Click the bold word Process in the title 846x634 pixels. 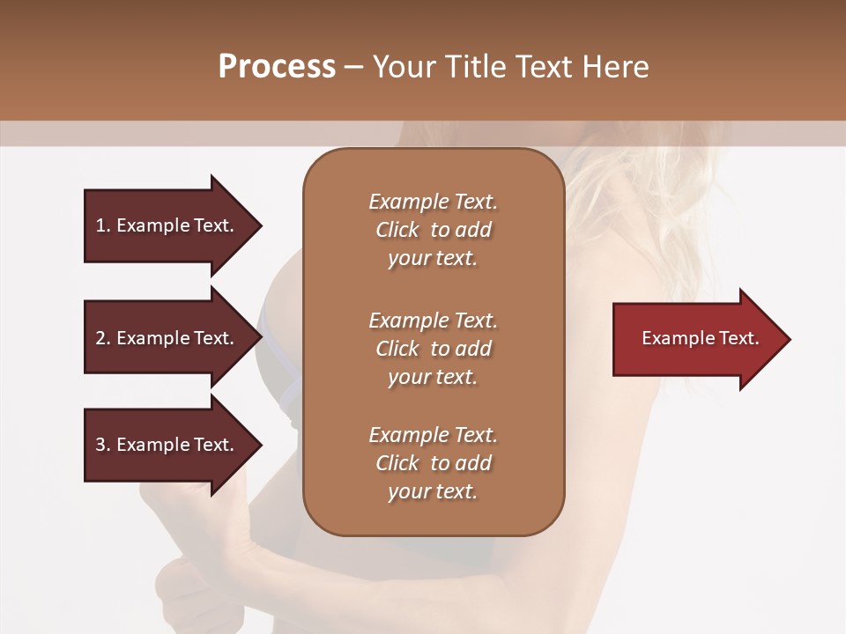277,67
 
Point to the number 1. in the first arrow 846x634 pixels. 103,225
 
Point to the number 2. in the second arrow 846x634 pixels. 103,338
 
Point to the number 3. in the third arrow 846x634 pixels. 103,445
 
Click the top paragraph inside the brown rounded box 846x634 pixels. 433,230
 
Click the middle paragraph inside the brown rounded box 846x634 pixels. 433,348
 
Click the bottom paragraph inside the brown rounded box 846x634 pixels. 433,463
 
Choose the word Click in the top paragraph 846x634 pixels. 397,230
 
